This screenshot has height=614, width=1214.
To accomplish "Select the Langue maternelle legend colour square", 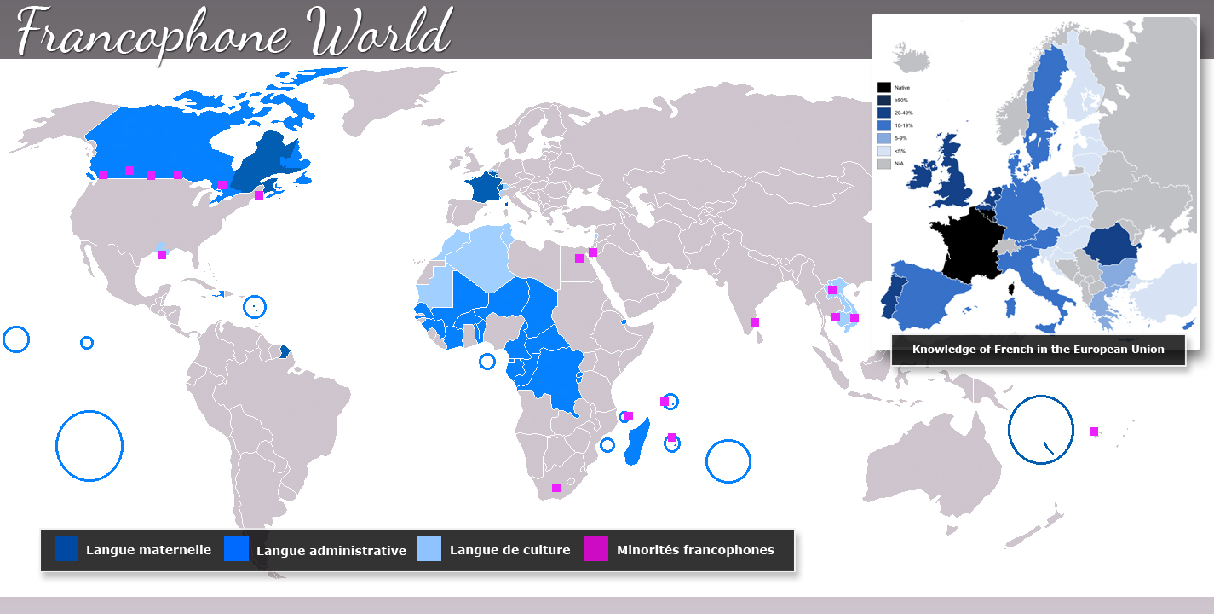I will [x=66, y=549].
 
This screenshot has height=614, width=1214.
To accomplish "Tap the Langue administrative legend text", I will [x=331, y=551].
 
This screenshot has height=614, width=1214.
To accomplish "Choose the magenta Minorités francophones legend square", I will [x=595, y=549].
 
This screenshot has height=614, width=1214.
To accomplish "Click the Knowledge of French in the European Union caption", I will [x=1038, y=350].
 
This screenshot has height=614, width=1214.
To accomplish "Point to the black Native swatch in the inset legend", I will [x=884, y=87].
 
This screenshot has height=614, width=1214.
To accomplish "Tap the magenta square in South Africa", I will [x=556, y=488].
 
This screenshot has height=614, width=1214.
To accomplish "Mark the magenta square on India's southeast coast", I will [x=754, y=322].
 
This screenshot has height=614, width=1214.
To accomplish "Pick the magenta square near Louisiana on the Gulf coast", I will [x=162, y=254].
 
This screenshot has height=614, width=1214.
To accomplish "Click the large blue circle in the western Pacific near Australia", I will [x=1040, y=429].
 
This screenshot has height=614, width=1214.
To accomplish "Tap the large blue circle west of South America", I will [x=89, y=445].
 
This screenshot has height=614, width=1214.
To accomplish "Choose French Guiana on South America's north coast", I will [x=285, y=350].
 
